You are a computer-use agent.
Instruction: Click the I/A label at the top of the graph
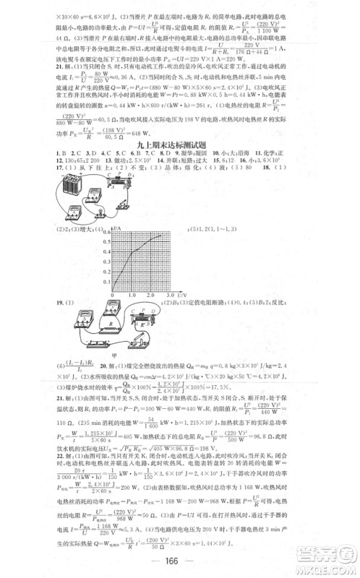point(117,228)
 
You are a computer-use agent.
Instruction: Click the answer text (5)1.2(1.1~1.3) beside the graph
point(214,230)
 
